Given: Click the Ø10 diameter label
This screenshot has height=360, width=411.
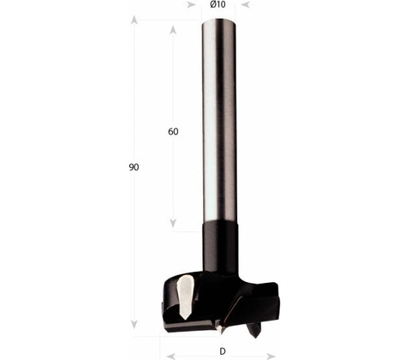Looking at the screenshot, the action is pyautogui.click(x=217, y=4).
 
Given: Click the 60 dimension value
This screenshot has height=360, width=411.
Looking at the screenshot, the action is pyautogui.click(x=173, y=132).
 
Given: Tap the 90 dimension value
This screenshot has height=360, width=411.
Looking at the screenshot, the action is pyautogui.click(x=134, y=167).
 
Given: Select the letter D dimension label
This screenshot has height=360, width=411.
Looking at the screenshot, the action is pyautogui.click(x=223, y=351).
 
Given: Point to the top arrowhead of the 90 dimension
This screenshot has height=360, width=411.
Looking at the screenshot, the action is pyautogui.click(x=134, y=20).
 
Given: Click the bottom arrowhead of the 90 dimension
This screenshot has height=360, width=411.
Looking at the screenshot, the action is pyautogui.click(x=134, y=324).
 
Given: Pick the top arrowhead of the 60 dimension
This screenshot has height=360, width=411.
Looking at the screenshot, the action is pyautogui.click(x=173, y=30).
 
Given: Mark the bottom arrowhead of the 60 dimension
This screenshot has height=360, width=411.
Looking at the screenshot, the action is pyautogui.click(x=173, y=223).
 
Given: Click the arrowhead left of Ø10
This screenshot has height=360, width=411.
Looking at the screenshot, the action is pyautogui.click(x=191, y=4).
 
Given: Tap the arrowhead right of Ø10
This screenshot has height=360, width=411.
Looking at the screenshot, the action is pyautogui.click(x=246, y=4).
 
